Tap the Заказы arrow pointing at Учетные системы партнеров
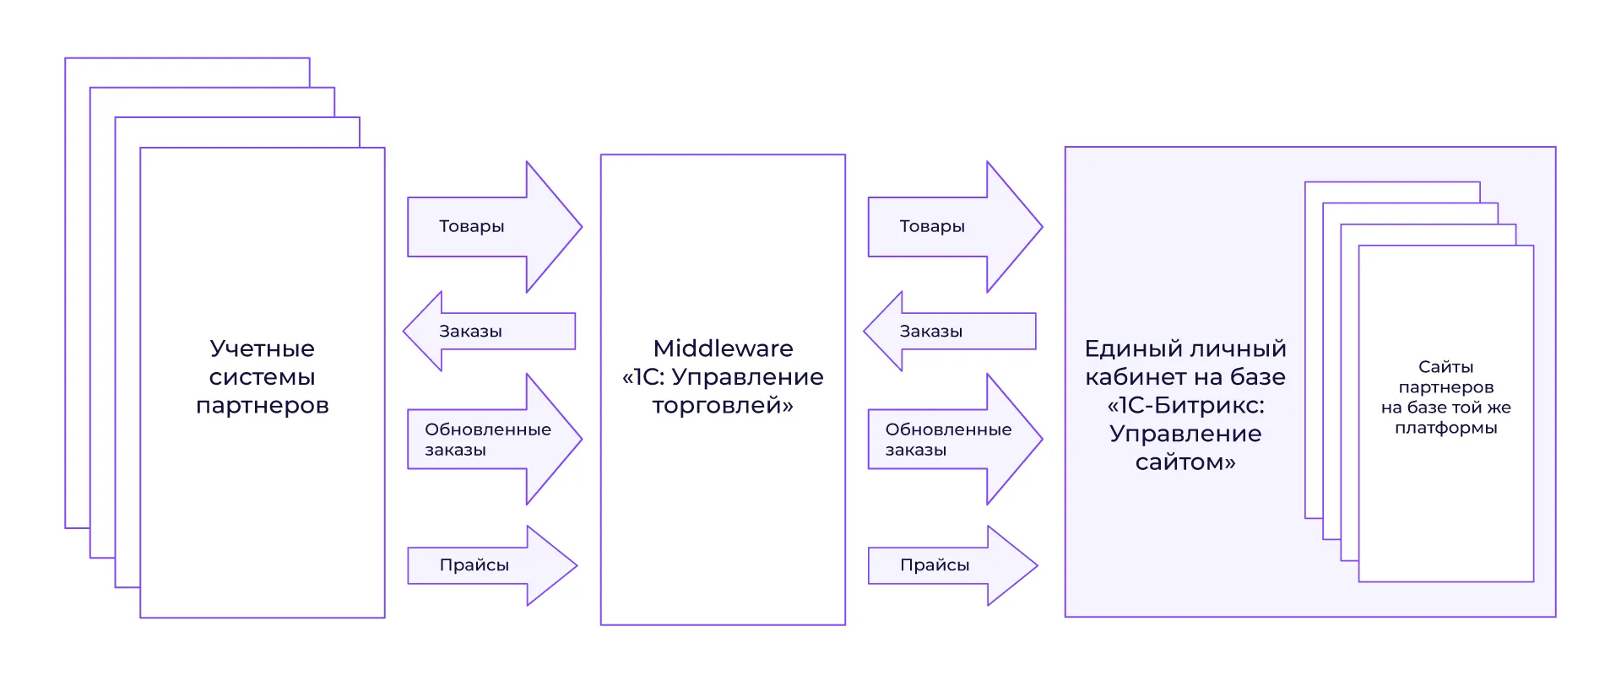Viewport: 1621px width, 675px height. (x=490, y=332)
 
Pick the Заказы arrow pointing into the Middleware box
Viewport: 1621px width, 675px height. (x=950, y=332)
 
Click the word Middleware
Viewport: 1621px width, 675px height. (x=723, y=348)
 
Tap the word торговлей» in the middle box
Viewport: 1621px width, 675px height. (x=723, y=406)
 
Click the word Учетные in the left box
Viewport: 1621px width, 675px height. (x=262, y=348)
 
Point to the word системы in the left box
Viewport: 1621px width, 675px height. (x=262, y=377)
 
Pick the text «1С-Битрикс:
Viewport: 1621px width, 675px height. (x=1185, y=406)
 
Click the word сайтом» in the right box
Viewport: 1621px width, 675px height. (x=1185, y=462)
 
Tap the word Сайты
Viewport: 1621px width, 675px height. (x=1445, y=367)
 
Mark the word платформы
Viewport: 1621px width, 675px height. (x=1445, y=428)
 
